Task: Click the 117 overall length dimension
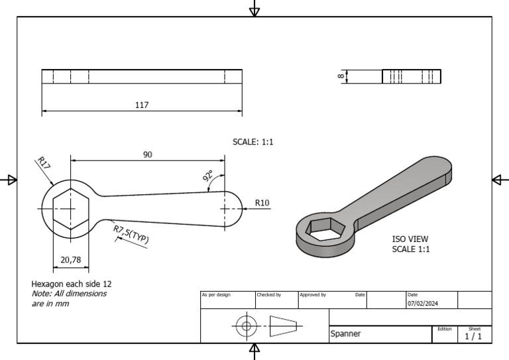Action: click(x=142, y=105)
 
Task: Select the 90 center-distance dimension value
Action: click(x=147, y=154)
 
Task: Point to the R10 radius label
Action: click(x=262, y=203)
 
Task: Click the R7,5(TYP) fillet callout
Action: click(x=131, y=235)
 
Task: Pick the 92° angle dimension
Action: click(x=208, y=176)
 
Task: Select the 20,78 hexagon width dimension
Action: click(x=70, y=260)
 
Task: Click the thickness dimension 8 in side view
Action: click(x=341, y=77)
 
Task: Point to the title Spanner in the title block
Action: click(x=345, y=334)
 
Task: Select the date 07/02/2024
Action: click(x=422, y=304)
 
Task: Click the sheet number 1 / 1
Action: click(x=473, y=336)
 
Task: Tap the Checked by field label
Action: click(x=268, y=294)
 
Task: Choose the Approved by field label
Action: click(x=312, y=294)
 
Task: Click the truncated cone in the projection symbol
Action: click(x=283, y=326)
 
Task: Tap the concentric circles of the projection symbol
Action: click(x=247, y=326)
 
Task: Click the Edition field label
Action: click(x=444, y=329)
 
